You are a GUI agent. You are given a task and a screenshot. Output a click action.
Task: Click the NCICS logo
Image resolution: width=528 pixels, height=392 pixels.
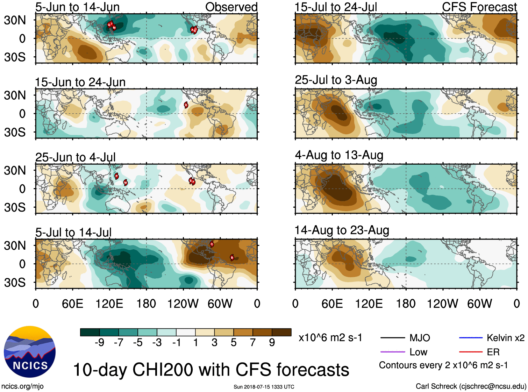pyautogui.click(x=29, y=351)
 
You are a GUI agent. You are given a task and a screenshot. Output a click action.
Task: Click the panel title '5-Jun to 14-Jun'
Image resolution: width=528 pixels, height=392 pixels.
pyautogui.click(x=77, y=7)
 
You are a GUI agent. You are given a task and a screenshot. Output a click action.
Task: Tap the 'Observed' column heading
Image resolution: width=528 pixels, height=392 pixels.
pyautogui.click(x=231, y=7)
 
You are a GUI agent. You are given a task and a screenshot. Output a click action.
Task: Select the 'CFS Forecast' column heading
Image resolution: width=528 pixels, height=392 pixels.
pyautogui.click(x=479, y=7)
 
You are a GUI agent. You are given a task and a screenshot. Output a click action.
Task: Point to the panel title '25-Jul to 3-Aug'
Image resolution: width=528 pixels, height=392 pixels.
pyautogui.click(x=336, y=80)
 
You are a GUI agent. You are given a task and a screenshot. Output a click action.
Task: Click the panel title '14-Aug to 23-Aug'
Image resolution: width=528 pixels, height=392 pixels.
pyautogui.click(x=342, y=230)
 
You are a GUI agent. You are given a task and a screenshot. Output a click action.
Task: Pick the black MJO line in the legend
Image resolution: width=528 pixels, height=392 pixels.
pyautogui.click(x=392, y=338)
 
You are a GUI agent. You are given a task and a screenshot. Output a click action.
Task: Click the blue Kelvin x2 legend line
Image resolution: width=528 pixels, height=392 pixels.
pyautogui.click(x=471, y=338)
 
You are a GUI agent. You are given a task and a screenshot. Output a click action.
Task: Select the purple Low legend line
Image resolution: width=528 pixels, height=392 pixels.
pyautogui.click(x=392, y=352)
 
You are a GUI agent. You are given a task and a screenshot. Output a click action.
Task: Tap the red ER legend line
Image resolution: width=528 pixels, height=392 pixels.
pyautogui.click(x=471, y=352)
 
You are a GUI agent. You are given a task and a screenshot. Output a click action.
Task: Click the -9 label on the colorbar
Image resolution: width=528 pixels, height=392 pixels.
pyautogui.click(x=99, y=343)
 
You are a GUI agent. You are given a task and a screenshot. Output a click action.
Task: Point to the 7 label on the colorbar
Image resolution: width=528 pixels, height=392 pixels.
pyautogui.click(x=253, y=343)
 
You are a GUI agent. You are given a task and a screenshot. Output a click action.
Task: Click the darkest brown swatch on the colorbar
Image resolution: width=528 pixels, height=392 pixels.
pyautogui.click(x=281, y=332)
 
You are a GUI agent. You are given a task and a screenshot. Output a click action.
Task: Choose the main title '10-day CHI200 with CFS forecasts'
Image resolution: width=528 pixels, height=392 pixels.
pyautogui.click(x=211, y=370)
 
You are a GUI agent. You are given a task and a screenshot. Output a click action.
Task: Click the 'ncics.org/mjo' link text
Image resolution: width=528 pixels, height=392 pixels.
pyautogui.click(x=22, y=386)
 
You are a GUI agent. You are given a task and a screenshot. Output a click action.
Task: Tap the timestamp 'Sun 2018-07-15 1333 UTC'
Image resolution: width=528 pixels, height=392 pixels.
pyautogui.click(x=264, y=387)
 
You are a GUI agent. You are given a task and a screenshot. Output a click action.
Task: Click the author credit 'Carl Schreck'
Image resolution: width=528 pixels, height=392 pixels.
pyautogui.click(x=436, y=386)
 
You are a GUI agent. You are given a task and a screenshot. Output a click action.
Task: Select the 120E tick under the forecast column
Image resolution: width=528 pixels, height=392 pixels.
pyautogui.click(x=369, y=304)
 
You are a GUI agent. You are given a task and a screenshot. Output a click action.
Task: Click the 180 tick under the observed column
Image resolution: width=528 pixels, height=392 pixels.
pyautogui.click(x=146, y=304)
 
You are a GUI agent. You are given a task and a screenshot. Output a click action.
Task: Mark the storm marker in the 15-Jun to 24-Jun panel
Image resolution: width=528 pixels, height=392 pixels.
pyautogui.click(x=186, y=105)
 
